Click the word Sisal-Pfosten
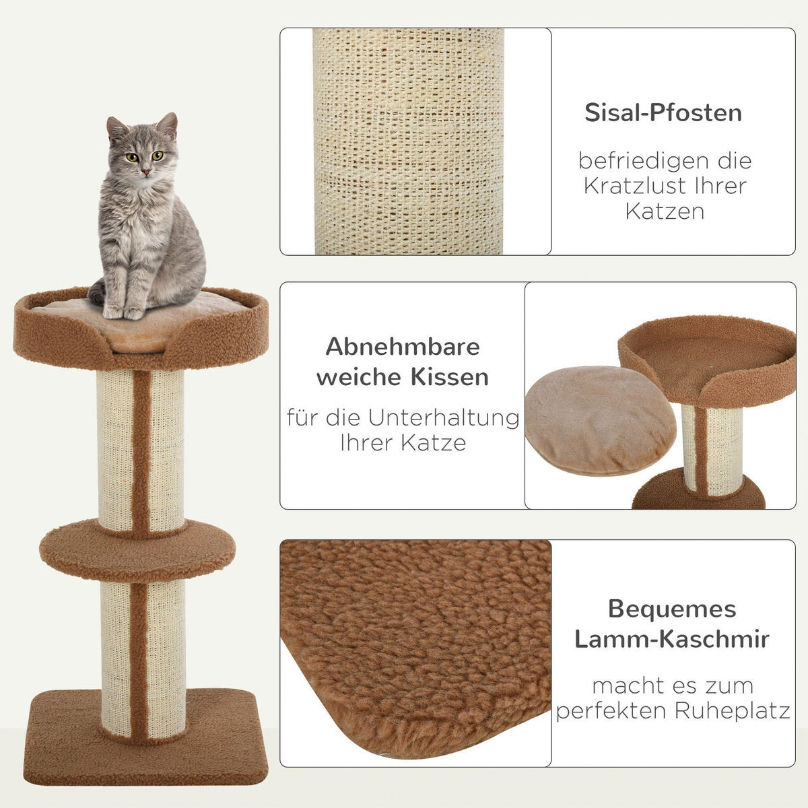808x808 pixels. click(663, 112)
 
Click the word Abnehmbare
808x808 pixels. click(403, 347)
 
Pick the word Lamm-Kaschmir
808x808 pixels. click(672, 639)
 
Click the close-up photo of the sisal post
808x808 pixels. click(409, 141)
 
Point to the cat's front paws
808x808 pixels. click(123, 312)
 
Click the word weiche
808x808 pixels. click(355, 376)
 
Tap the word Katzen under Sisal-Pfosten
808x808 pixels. click(665, 211)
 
